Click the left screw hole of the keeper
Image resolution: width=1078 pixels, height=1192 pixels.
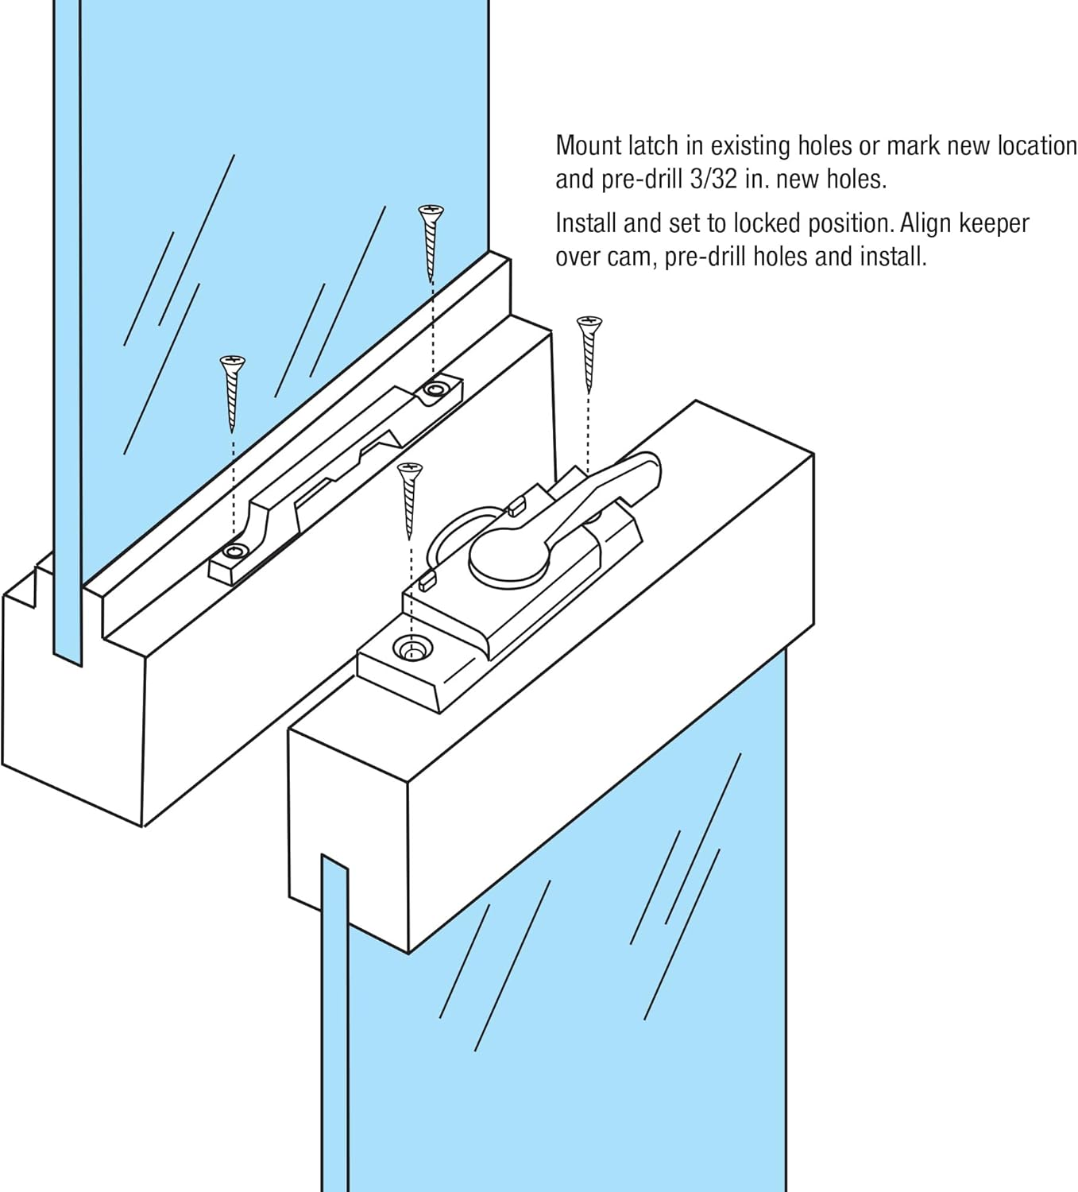tap(234, 551)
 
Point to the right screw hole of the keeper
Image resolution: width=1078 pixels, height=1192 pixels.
tap(435, 389)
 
